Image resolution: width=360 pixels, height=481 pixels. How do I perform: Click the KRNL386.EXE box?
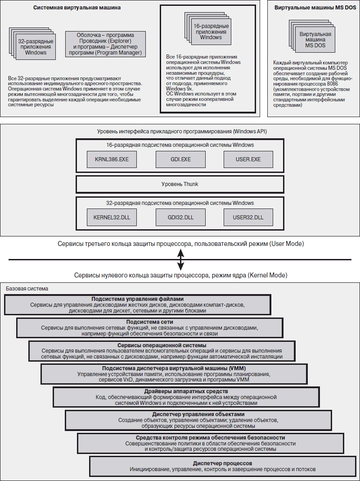click(112, 159)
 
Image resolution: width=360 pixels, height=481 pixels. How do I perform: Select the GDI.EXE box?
click(180, 159)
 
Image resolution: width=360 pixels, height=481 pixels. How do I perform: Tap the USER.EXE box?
click(248, 159)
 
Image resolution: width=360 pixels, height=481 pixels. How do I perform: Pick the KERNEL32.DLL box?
click(112, 217)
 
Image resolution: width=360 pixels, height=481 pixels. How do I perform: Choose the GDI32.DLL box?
click(180, 217)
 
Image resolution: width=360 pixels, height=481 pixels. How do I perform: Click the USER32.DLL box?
click(248, 217)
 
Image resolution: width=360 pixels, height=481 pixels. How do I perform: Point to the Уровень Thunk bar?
click(180, 184)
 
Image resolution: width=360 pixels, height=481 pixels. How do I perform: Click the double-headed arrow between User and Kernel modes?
click(181, 259)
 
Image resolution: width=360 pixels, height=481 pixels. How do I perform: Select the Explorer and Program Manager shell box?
click(105, 44)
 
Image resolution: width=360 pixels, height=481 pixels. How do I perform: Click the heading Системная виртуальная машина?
click(77, 8)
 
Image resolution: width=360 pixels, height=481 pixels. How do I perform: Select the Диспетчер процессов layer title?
click(222, 463)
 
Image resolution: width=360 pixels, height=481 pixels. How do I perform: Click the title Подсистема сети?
click(149, 322)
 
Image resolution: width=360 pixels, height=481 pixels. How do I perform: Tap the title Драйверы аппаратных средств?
click(186, 391)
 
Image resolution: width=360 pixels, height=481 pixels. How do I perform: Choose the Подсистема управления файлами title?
click(137, 299)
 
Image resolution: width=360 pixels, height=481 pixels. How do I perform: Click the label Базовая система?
click(27, 289)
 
